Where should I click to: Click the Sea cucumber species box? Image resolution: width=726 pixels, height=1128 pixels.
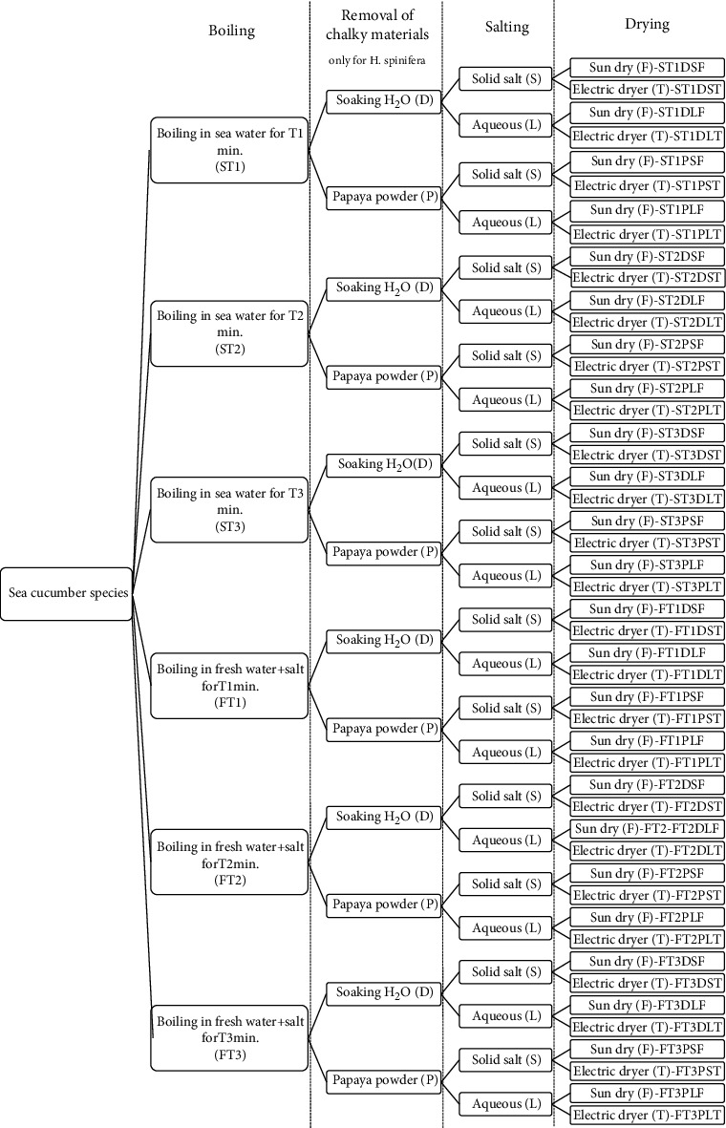pyautogui.click(x=66, y=593)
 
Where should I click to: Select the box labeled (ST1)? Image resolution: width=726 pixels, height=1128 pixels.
pyautogui.click(x=229, y=150)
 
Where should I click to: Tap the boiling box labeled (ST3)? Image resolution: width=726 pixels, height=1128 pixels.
pyautogui.click(x=229, y=510)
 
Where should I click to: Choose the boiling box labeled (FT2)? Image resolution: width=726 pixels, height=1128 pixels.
pyautogui.click(x=229, y=862)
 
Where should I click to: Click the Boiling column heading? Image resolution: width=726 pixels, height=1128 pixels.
pyautogui.click(x=232, y=31)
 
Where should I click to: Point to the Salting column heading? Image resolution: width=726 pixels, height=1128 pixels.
pyautogui.click(x=506, y=28)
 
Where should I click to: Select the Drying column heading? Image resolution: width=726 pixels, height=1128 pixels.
pyautogui.click(x=647, y=25)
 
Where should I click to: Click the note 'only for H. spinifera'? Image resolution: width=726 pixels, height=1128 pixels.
pyautogui.click(x=376, y=60)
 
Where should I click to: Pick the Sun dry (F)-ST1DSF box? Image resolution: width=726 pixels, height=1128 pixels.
pyautogui.click(x=647, y=68)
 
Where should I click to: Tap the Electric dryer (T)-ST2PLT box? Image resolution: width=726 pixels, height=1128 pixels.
pyautogui.click(x=647, y=410)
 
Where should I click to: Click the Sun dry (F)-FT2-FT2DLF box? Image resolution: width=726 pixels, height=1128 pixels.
pyautogui.click(x=647, y=829)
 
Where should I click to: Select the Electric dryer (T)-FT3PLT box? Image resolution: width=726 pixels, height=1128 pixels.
pyautogui.click(x=647, y=1115)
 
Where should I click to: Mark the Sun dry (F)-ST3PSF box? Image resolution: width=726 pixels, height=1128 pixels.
pyautogui.click(x=647, y=521)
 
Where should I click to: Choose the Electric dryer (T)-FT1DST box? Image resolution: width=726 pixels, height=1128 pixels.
pyautogui.click(x=647, y=631)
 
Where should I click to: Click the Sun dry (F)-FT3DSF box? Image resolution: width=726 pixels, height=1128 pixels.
pyautogui.click(x=647, y=961)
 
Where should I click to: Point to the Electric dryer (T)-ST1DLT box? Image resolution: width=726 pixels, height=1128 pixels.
pyautogui.click(x=647, y=136)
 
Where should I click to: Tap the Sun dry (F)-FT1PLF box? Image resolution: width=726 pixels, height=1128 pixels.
pyautogui.click(x=647, y=741)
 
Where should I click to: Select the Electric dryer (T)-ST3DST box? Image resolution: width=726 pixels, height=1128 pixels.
pyautogui.click(x=647, y=455)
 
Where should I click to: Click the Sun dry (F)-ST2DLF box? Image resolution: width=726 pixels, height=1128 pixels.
pyautogui.click(x=647, y=301)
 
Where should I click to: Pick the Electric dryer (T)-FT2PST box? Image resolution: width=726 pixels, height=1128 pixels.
pyautogui.click(x=647, y=896)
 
